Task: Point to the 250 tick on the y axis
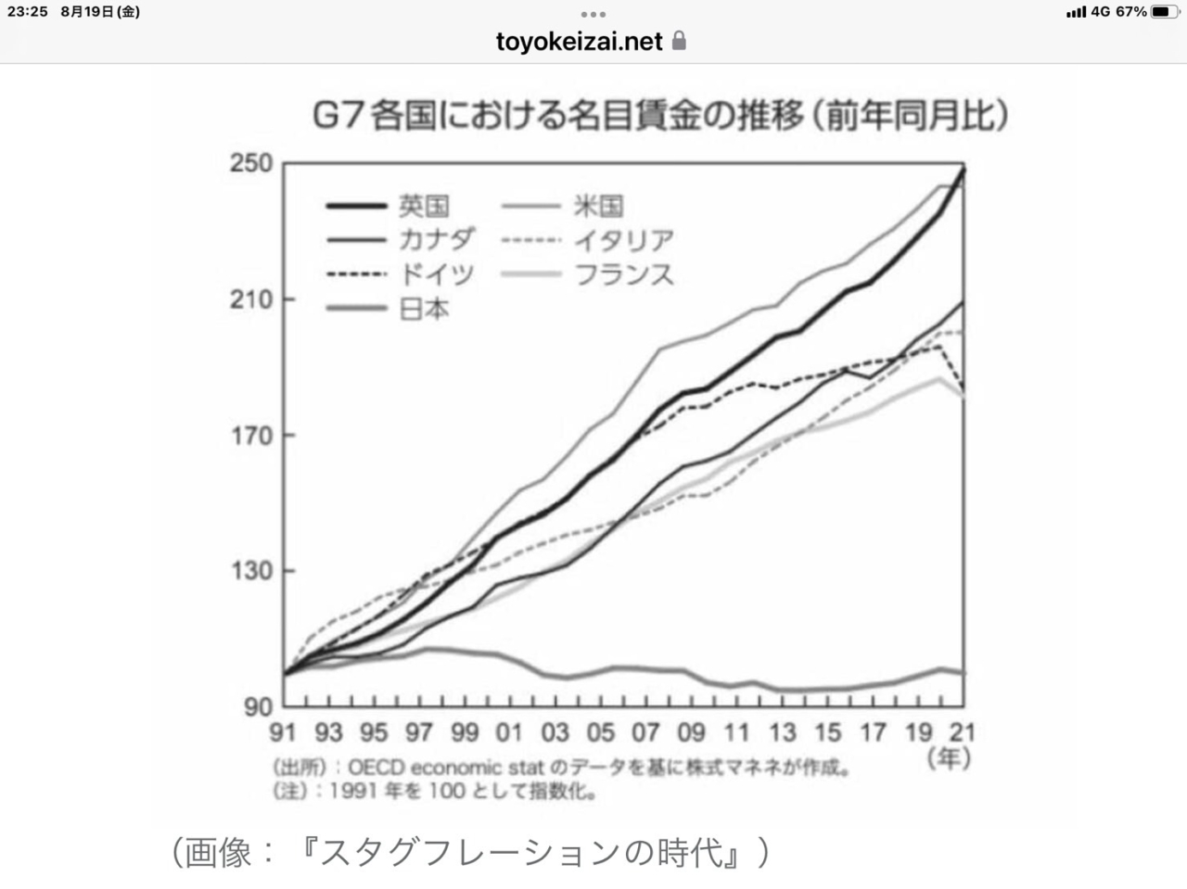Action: (251, 163)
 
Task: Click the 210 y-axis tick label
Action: (251, 299)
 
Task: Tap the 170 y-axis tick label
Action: (251, 435)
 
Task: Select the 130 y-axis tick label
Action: (251, 570)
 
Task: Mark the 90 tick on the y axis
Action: (259, 706)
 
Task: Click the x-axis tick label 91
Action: (283, 732)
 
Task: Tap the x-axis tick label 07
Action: (645, 732)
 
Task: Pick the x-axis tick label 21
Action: (964, 732)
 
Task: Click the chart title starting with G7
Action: (659, 117)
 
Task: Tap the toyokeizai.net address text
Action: (579, 42)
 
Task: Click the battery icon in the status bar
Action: (1163, 12)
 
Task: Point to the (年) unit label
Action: (949, 758)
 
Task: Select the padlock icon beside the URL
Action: (679, 41)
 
